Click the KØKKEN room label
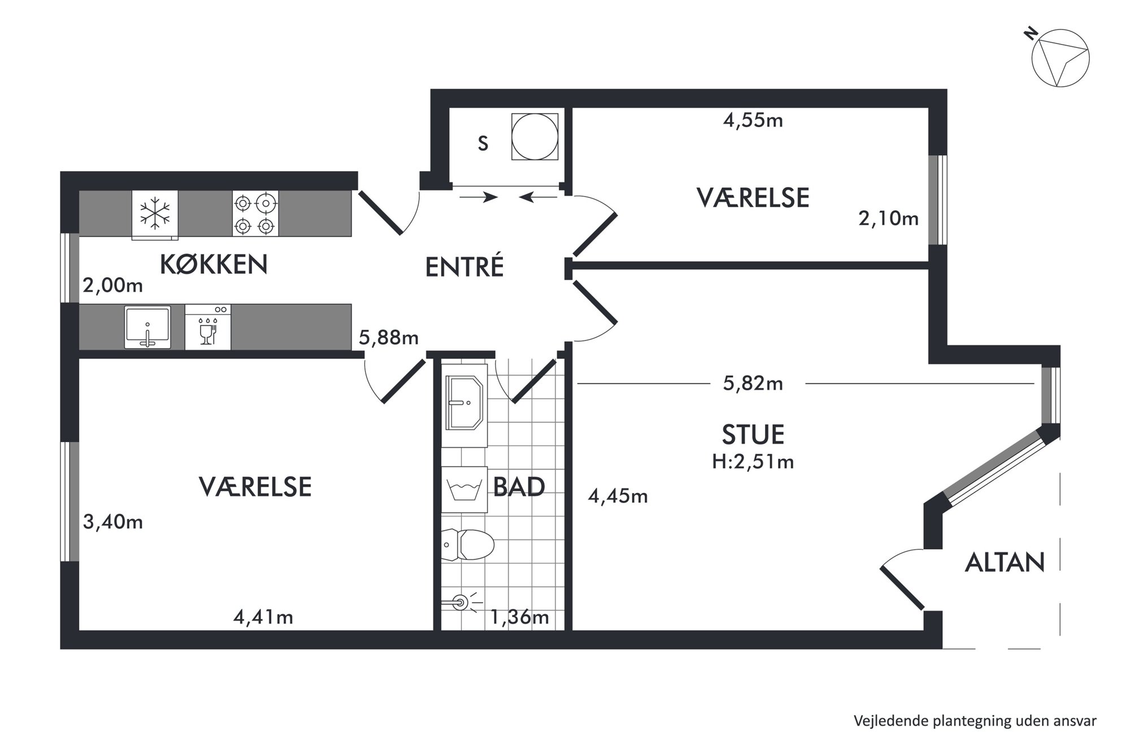(214, 264)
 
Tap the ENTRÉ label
(464, 267)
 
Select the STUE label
(753, 435)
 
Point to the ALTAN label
(1005, 562)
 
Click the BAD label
(519, 487)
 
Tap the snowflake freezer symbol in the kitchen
(155, 213)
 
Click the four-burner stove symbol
(255, 213)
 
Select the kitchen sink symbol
(147, 327)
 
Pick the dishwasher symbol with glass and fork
(207, 327)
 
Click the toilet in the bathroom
(468, 545)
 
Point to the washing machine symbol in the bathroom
(464, 490)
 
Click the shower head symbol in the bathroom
(461, 603)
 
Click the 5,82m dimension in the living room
(753, 384)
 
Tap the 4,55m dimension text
(753, 120)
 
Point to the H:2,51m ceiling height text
(753, 462)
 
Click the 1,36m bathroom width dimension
(519, 617)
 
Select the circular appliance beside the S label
(535, 136)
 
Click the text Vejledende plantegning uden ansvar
(975, 721)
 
